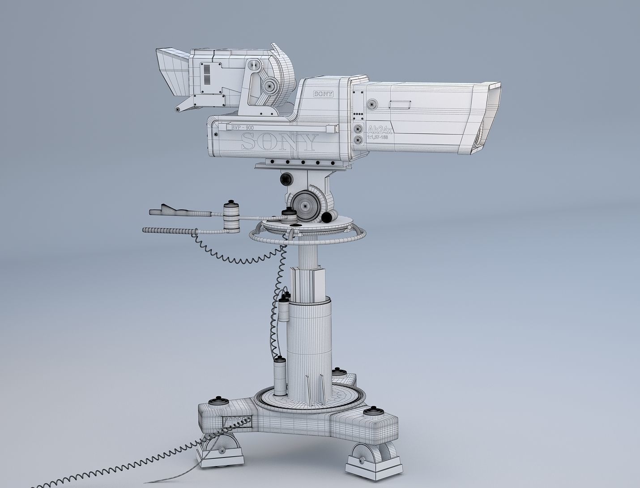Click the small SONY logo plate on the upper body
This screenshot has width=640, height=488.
point(324,94)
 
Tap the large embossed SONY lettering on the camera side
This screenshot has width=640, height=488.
point(278,143)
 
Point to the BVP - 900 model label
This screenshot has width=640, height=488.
point(242,128)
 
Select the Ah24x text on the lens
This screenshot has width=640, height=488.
point(380,130)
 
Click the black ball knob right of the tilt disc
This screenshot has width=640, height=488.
point(327,218)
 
